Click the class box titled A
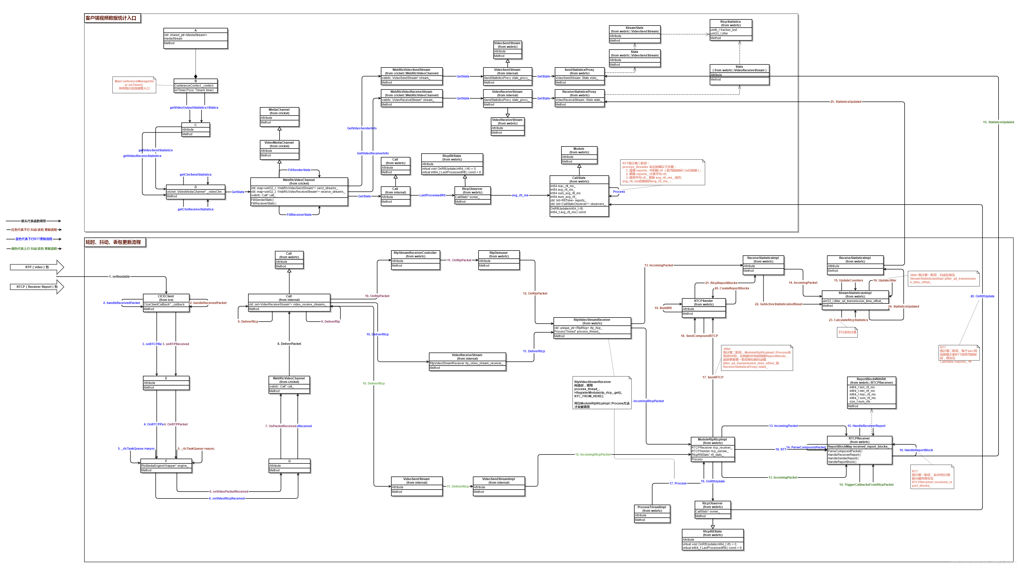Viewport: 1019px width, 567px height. [195, 38]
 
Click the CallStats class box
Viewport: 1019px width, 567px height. [579, 196]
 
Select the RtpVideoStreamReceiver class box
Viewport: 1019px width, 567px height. [592, 328]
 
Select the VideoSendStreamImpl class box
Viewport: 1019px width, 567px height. [499, 486]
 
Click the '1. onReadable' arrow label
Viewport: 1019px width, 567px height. [119, 276]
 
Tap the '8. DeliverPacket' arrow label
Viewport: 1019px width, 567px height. [289, 344]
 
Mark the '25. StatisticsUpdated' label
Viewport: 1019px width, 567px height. [845, 102]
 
